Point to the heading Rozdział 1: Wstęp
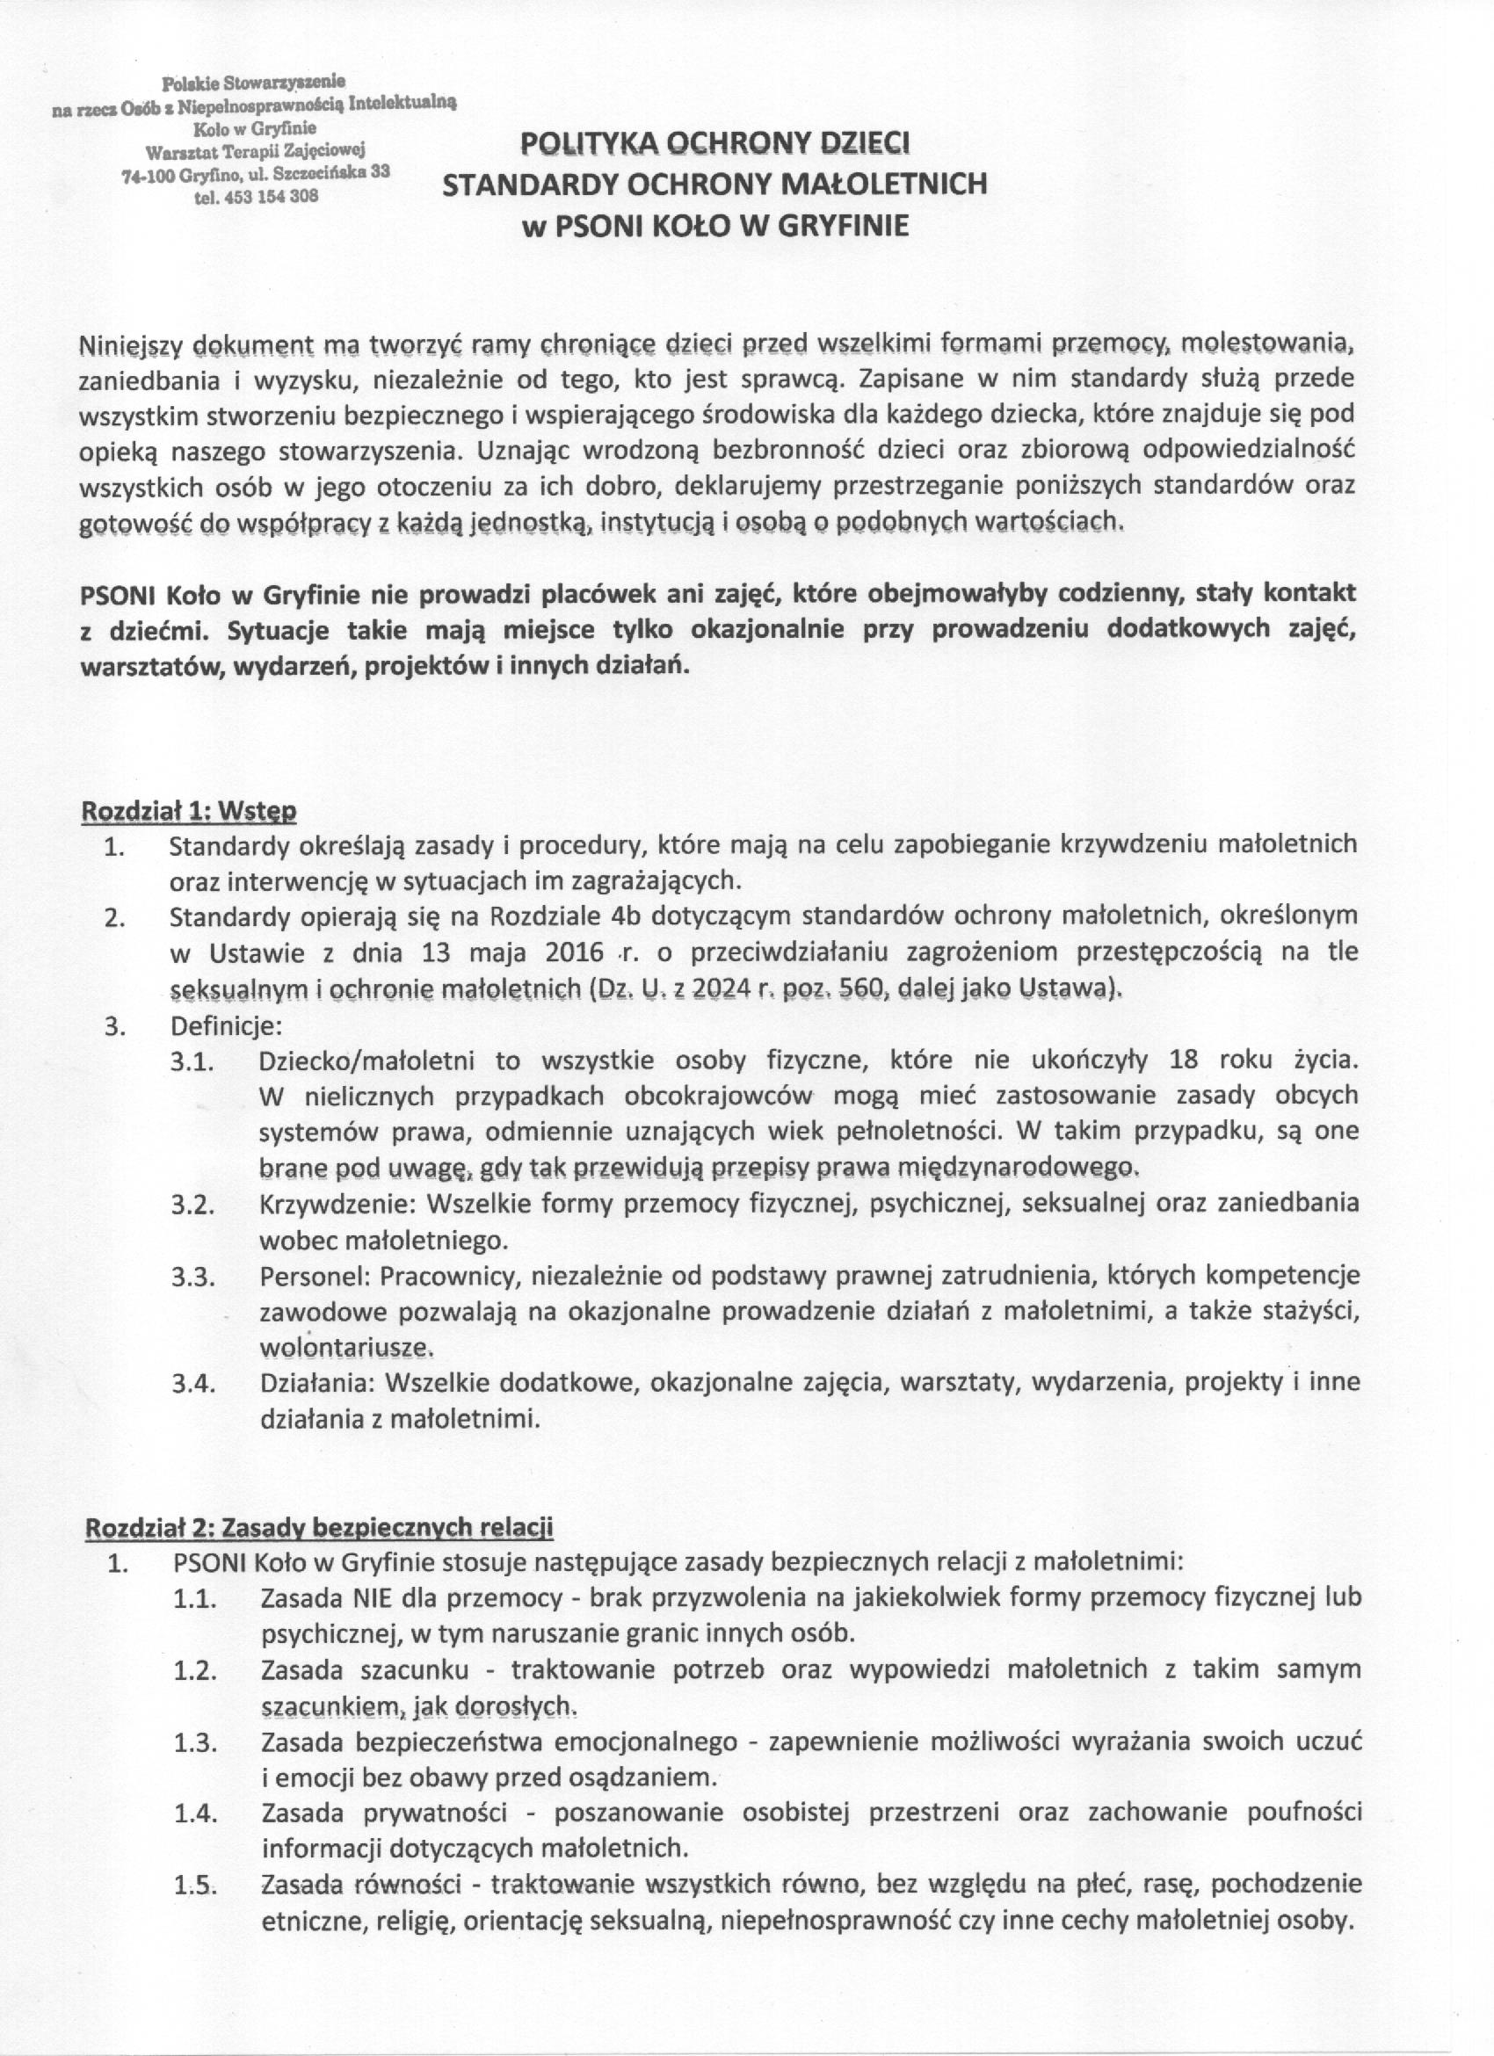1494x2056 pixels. coord(189,810)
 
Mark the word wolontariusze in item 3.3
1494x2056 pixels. coord(343,1347)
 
